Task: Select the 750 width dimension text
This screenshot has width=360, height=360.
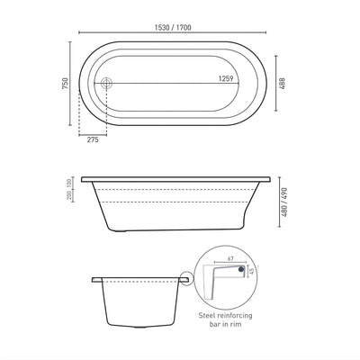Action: [x=64, y=84]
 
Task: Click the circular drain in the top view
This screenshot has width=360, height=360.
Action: [x=108, y=84]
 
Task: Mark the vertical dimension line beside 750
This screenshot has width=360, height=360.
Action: [x=73, y=84]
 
